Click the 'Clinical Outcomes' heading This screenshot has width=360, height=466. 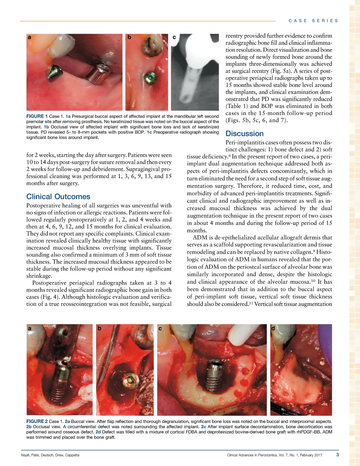point(58,197)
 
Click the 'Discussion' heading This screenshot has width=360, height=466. point(244,134)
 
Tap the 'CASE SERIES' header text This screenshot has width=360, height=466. point(313,21)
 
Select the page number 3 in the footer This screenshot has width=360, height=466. point(337,455)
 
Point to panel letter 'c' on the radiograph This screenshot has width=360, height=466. point(174,37)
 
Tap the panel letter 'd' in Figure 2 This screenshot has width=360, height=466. point(273,328)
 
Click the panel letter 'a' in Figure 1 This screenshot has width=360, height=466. point(30,37)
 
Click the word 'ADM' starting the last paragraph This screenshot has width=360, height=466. point(200,237)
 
